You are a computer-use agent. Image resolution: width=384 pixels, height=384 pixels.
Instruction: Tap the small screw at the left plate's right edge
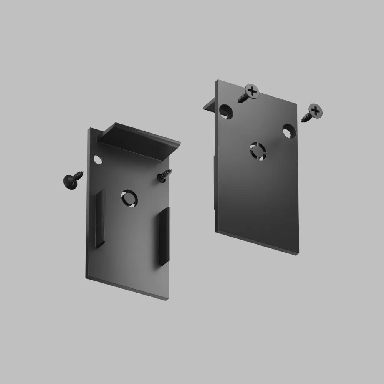pos(164,175)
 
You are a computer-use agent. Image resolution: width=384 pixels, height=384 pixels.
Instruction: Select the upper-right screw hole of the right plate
pos(288,131)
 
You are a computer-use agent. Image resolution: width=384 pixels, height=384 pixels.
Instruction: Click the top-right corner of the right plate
pos(297,103)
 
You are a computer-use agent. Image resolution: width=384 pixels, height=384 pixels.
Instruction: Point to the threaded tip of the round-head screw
pos(82,174)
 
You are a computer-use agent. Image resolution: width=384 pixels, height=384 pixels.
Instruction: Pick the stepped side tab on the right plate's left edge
pos(214,180)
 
